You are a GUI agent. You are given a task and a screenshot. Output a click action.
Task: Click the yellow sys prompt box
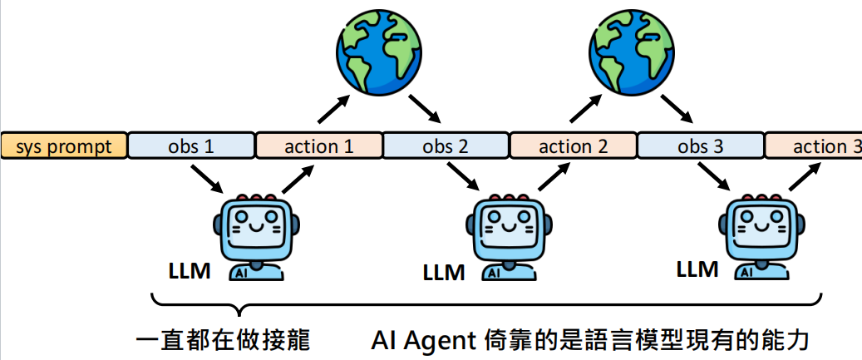pos(63,146)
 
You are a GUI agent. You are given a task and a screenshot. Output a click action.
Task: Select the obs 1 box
pos(191,146)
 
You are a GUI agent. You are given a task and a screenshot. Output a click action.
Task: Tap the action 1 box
pos(318,146)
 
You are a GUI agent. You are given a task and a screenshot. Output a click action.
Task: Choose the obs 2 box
pos(446,146)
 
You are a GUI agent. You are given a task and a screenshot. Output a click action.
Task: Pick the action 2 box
pos(574,146)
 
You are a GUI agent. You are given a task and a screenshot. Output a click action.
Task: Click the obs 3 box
pos(701,146)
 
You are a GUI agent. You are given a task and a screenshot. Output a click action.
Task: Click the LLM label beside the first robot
pos(190,270)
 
